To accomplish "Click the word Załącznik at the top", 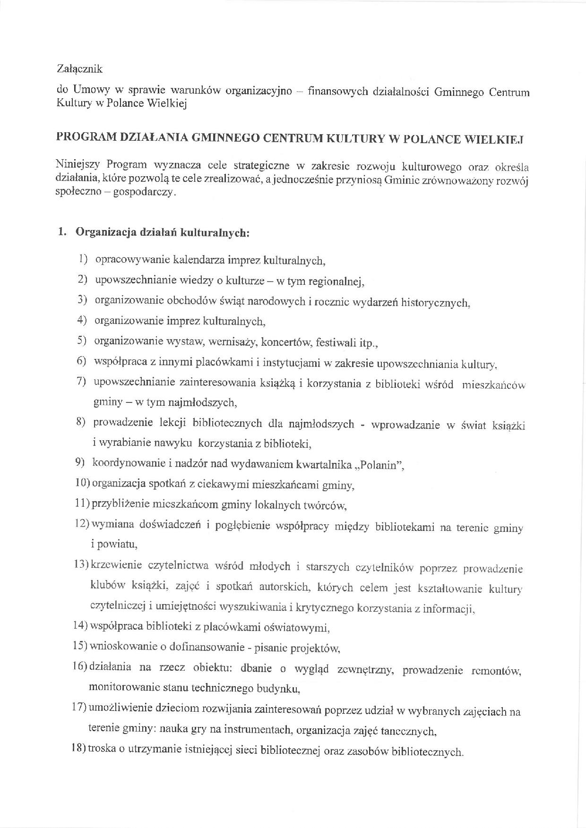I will point(79,69).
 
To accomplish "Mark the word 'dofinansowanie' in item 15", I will point(203,648).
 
